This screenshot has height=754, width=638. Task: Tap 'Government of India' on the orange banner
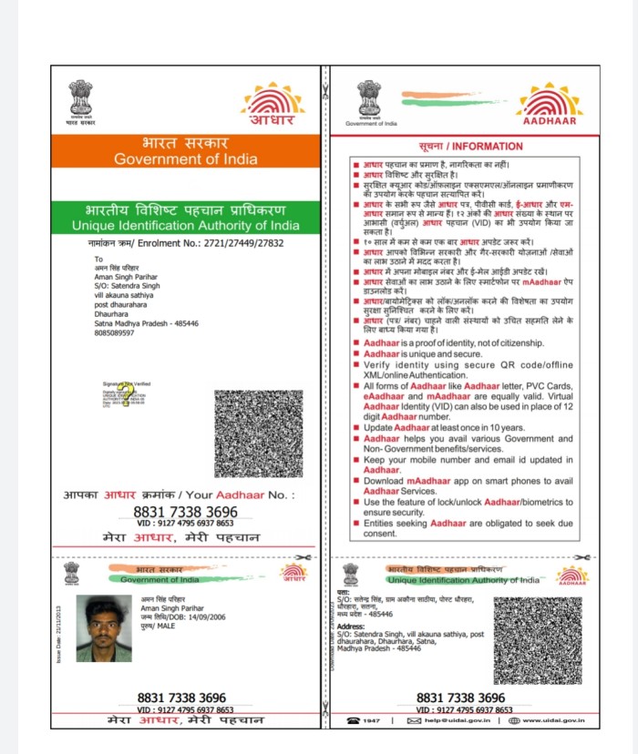tap(185, 159)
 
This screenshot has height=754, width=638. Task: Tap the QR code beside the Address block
tap(538, 640)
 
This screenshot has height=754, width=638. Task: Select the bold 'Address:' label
tap(350, 627)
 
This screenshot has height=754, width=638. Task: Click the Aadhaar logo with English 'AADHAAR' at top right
tap(548, 104)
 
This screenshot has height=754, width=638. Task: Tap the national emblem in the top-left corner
tap(80, 98)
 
